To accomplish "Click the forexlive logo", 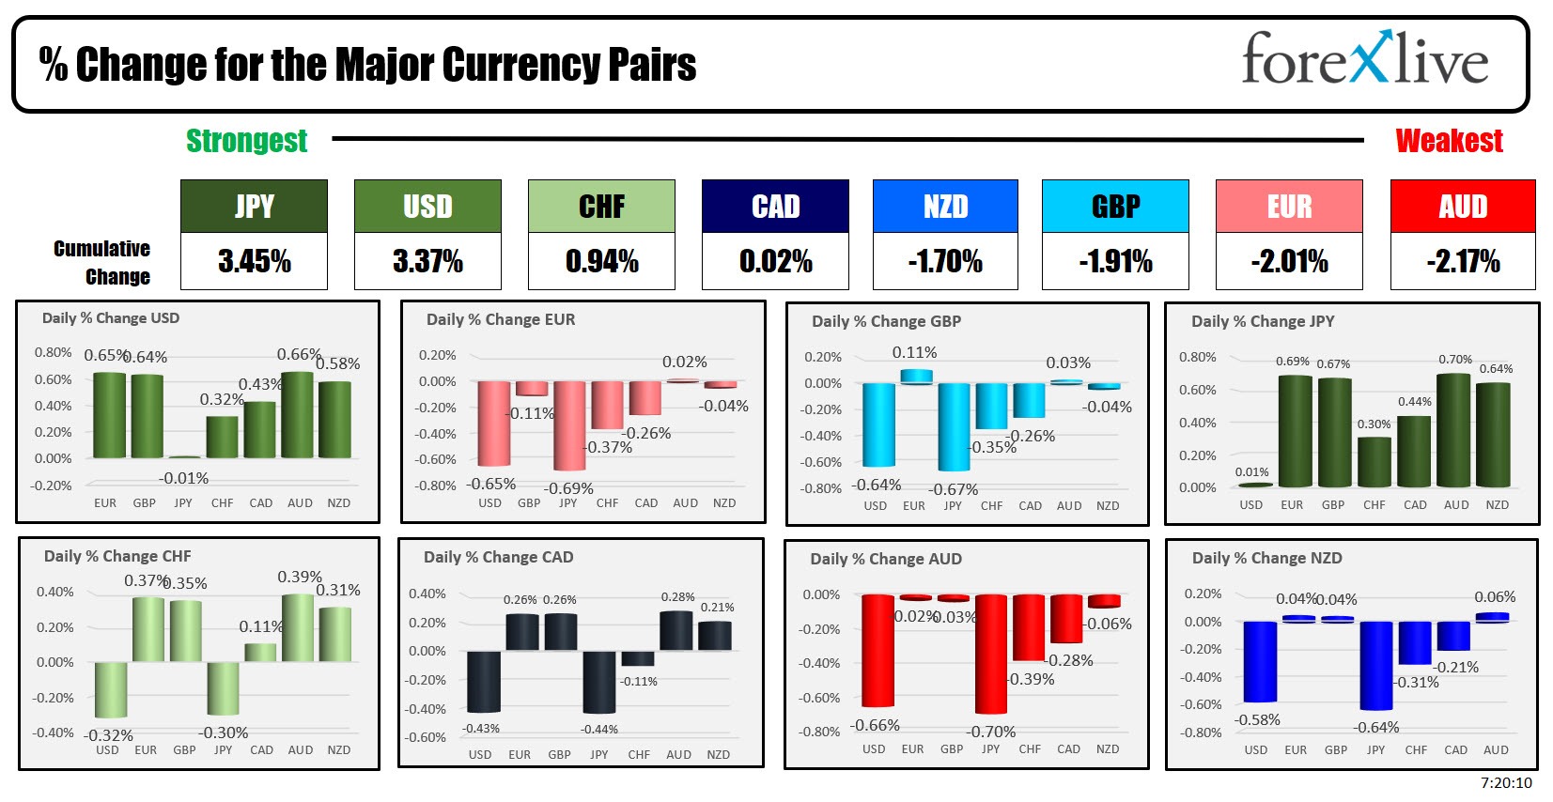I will [1364, 60].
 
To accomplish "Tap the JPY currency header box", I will [254, 207].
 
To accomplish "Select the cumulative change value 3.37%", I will [427, 261].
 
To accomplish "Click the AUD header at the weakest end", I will [1462, 207].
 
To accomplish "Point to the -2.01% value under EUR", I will [1289, 261].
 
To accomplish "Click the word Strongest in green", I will [246, 141].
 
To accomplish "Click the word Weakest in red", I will [1449, 141].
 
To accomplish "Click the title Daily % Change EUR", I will [501, 319].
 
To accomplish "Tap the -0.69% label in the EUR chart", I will [568, 488].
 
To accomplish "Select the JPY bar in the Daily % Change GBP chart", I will [954, 426].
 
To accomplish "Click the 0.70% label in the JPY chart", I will [1455, 360].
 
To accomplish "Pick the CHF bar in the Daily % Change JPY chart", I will [1374, 461].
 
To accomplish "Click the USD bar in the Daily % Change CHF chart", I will [111, 689].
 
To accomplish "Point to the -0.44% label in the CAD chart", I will [598, 729].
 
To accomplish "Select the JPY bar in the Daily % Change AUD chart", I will [991, 654].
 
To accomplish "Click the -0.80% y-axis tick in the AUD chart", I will [820, 732].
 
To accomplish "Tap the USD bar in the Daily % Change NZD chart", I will [1260, 661].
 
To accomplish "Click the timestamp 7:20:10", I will [1506, 782].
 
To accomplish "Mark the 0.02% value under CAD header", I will [775, 261].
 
